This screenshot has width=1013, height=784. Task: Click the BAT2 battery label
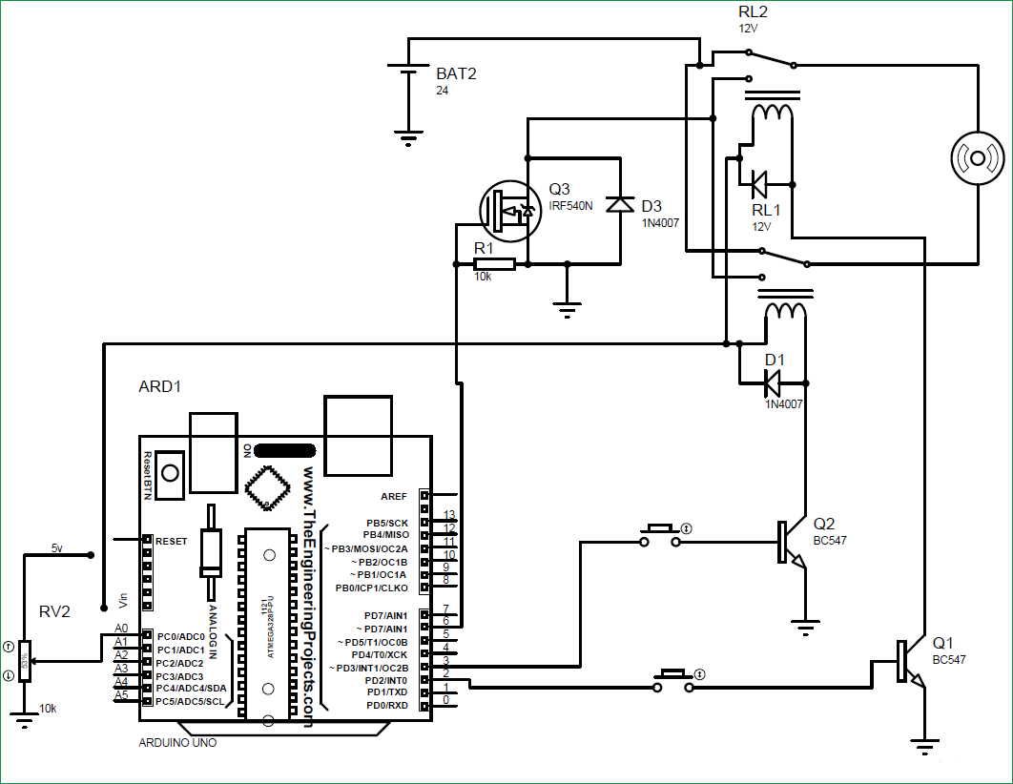[x=456, y=73]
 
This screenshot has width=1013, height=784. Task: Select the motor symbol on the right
[x=978, y=157]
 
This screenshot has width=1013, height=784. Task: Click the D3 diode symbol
[x=621, y=204]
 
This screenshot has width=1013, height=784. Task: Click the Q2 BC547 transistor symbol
[x=791, y=544]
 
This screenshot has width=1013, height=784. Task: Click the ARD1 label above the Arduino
[x=160, y=387]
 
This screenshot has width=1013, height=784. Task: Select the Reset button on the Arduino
[x=172, y=472]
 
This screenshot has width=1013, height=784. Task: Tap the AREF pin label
[x=393, y=496]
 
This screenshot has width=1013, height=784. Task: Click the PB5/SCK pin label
[x=386, y=524]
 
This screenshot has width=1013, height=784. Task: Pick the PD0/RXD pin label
[x=386, y=705]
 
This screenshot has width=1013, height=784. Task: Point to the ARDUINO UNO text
[x=177, y=742]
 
